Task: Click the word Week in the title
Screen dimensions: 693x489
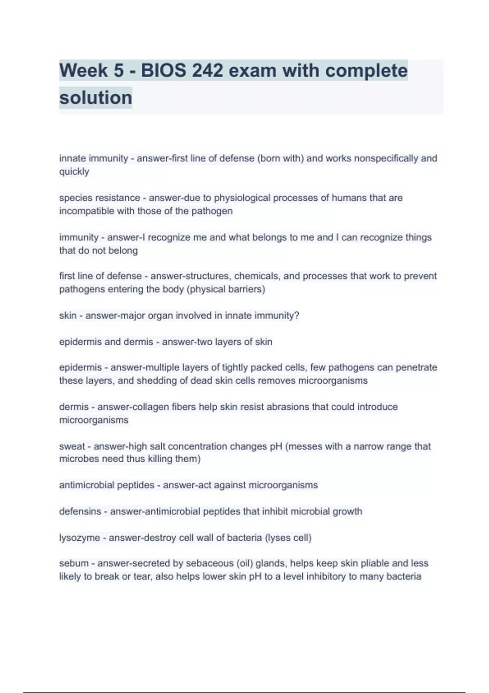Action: click(x=84, y=71)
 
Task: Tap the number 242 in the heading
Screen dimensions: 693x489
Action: click(x=207, y=71)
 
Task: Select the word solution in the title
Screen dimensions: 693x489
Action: click(x=96, y=98)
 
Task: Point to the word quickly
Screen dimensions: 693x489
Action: click(x=74, y=172)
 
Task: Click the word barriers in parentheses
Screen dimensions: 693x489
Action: click(x=246, y=289)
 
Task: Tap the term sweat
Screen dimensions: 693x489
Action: click(x=72, y=446)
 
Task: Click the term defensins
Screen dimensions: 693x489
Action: click(x=80, y=511)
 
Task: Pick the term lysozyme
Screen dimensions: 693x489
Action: click(x=79, y=538)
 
